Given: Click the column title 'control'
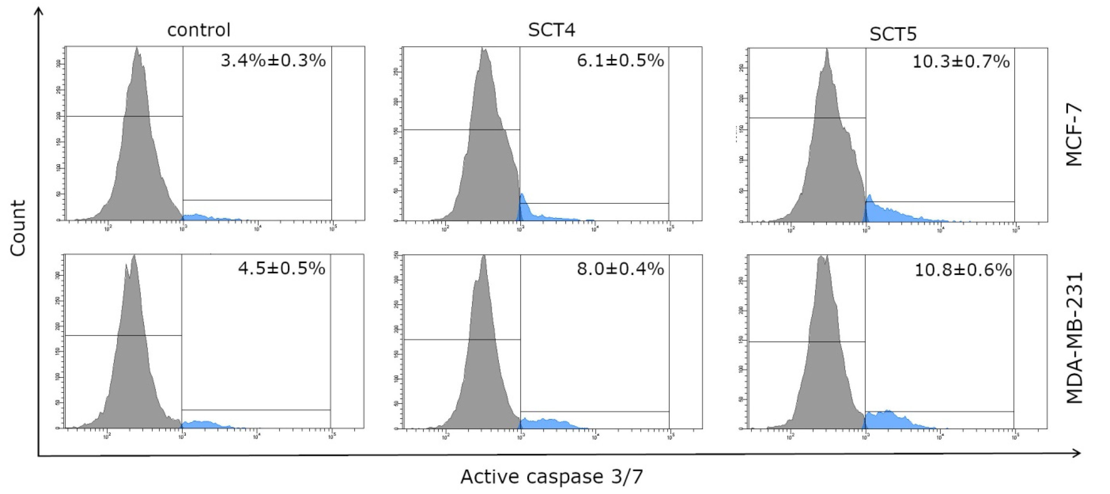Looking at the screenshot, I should [199, 30].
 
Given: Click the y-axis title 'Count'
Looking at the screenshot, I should [18, 228].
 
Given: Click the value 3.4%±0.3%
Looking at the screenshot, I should [273, 61].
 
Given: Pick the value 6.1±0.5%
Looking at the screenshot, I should [620, 61].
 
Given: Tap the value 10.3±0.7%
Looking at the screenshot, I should [961, 62].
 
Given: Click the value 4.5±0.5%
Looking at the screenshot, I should [281, 268].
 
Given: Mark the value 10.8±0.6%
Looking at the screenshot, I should [963, 270].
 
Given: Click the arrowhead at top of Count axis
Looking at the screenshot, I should [39, 10].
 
